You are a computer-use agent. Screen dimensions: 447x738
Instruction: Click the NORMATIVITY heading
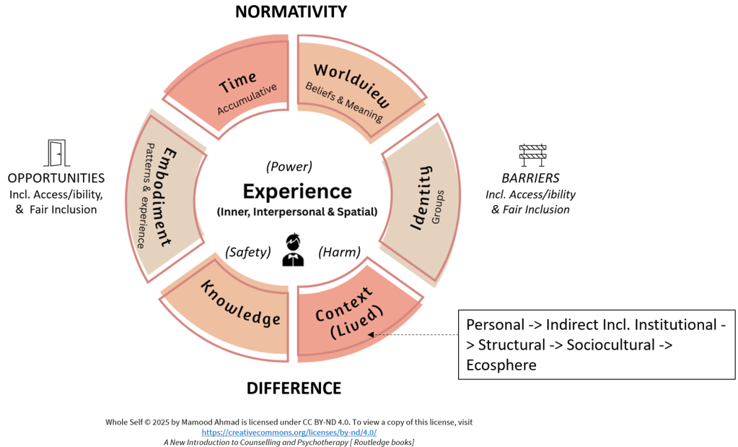[291, 12]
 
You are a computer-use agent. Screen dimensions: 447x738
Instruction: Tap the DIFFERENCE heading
[294, 388]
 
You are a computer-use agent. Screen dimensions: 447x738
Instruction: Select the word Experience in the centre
[297, 191]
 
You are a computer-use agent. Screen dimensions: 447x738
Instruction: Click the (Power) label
[289, 166]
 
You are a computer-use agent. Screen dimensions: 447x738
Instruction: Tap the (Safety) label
[247, 252]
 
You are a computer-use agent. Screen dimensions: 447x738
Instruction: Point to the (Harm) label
[339, 252]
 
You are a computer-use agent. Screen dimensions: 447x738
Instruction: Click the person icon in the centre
[292, 249]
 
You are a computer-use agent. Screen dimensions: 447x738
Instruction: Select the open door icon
[56, 152]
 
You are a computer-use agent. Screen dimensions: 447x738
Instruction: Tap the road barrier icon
[532, 154]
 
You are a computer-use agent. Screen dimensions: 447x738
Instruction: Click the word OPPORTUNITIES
[56, 178]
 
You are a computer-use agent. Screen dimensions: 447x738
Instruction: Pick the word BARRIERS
[530, 178]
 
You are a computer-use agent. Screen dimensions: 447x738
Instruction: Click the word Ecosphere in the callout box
[501, 365]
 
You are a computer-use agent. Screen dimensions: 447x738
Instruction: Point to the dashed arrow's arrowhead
[370, 334]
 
